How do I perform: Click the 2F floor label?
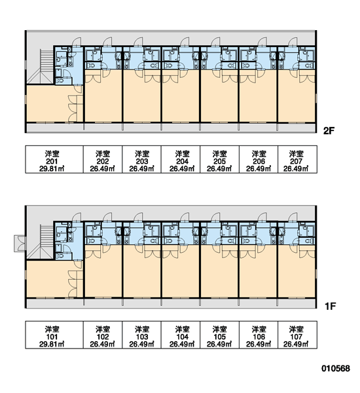pos(329,130)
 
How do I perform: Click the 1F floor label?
pos(330,306)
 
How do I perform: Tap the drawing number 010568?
pos(336,368)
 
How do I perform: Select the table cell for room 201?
pos(54,159)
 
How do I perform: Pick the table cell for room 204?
pos(181,159)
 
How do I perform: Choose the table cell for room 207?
pos(297,159)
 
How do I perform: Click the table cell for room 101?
pos(54,335)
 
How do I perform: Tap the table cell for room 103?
pos(142,335)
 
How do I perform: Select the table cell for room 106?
pos(259,335)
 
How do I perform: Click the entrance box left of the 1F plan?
pos(19,244)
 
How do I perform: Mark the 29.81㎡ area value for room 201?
pos(52,169)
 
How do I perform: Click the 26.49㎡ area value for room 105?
pos(219,344)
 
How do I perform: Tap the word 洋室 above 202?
pos(103,154)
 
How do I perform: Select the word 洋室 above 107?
pos(297,329)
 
